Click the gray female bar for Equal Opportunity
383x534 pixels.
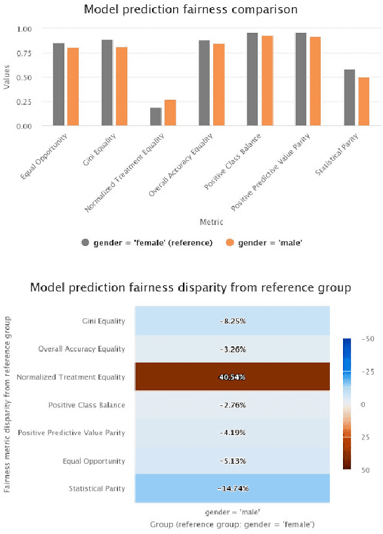58,85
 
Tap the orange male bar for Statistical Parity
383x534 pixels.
363,102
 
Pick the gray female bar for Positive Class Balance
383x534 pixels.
252,79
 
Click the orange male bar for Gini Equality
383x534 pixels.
121,87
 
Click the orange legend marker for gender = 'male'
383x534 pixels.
230,243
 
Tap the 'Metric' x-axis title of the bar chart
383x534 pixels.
212,222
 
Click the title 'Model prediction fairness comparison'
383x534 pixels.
190,10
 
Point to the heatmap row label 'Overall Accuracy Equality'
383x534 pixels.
81,349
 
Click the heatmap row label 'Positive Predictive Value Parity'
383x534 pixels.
71,433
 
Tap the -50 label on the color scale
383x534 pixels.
369,338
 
